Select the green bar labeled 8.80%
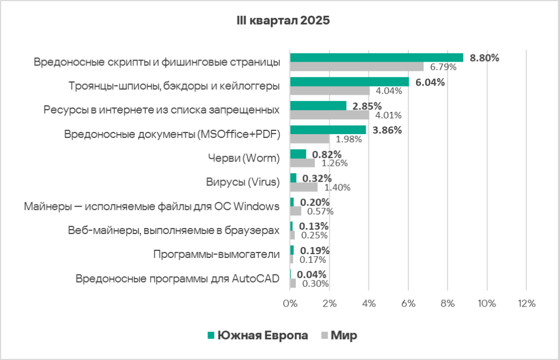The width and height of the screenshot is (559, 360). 376,57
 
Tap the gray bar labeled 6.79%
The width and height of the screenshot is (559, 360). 356,67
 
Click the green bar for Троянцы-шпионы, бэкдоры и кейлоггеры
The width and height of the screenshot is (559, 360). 349,82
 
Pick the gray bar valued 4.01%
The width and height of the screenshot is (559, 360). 329,115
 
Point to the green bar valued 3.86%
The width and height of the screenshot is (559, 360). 328,130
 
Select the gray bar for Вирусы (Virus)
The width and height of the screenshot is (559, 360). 304,187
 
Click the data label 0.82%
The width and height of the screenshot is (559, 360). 326,154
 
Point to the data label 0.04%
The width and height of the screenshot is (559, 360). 312,274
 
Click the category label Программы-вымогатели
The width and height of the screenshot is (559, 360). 217,254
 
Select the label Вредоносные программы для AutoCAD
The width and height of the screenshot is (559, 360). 177,279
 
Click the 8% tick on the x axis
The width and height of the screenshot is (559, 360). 447,303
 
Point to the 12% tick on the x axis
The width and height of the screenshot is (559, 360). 526,303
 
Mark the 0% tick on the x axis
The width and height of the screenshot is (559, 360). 290,303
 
